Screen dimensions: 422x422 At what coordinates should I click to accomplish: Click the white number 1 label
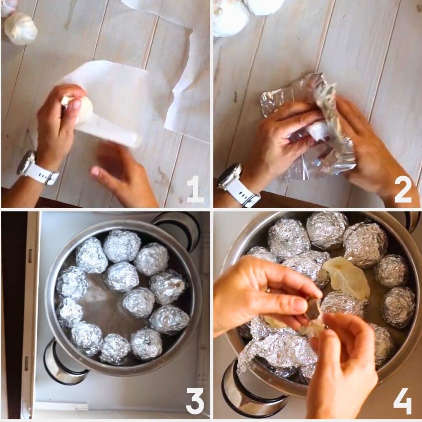click(x=195, y=189)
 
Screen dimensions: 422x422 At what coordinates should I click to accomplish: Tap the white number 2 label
click(x=403, y=189)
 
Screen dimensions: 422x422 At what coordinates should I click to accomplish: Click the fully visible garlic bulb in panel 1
click(x=21, y=28)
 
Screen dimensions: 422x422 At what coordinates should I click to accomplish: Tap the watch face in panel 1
click(x=26, y=162)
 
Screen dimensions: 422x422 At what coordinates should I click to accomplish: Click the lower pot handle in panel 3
click(x=62, y=363)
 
